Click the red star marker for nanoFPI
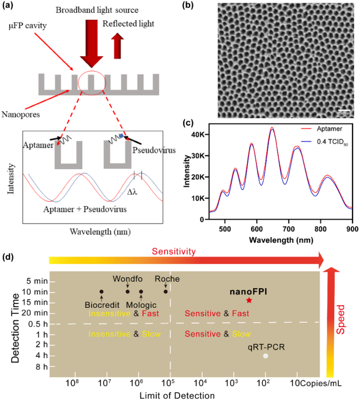[249, 300]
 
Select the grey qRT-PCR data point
[266, 355]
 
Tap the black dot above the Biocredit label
[101, 291]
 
